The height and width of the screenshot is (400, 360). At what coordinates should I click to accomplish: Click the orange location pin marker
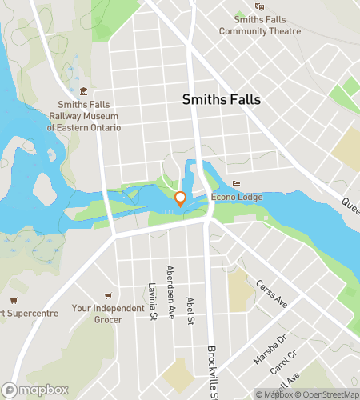point(180,199)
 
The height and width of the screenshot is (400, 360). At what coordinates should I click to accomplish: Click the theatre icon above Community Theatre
point(259,6)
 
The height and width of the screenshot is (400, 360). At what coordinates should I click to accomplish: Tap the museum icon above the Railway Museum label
point(84,92)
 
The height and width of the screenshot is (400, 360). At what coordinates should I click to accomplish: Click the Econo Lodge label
point(237,198)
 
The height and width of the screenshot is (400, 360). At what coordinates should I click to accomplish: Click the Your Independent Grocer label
point(108,314)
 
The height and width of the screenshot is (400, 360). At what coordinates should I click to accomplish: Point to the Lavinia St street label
point(152,298)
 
